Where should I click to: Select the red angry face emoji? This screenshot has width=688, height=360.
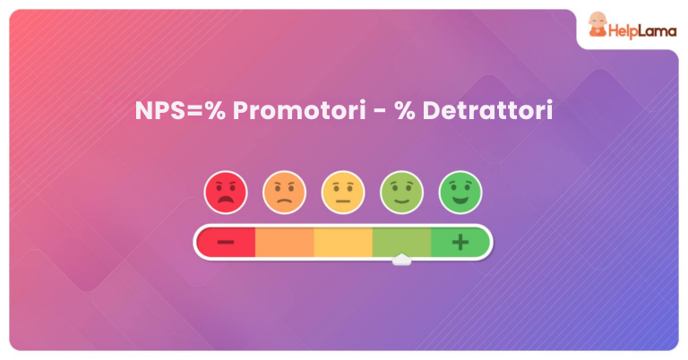pyautogui.click(x=226, y=192)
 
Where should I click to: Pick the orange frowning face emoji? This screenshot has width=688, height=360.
pyautogui.click(x=284, y=192)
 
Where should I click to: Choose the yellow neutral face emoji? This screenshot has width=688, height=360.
pyautogui.click(x=343, y=192)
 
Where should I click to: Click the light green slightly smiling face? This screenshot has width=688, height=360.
pyautogui.click(x=401, y=192)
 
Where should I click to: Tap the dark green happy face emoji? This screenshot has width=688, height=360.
pyautogui.click(x=460, y=192)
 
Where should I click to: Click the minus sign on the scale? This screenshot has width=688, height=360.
pyautogui.click(x=226, y=242)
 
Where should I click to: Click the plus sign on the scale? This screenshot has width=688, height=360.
pyautogui.click(x=460, y=242)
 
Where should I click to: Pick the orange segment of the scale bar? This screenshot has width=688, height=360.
pyautogui.click(x=284, y=242)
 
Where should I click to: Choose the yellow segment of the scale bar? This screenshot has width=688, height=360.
pyautogui.click(x=343, y=242)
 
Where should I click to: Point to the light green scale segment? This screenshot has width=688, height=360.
pyautogui.click(x=401, y=242)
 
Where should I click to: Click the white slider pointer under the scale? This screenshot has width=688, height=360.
pyautogui.click(x=401, y=261)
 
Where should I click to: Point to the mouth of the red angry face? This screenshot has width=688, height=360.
pyautogui.click(x=226, y=201)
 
